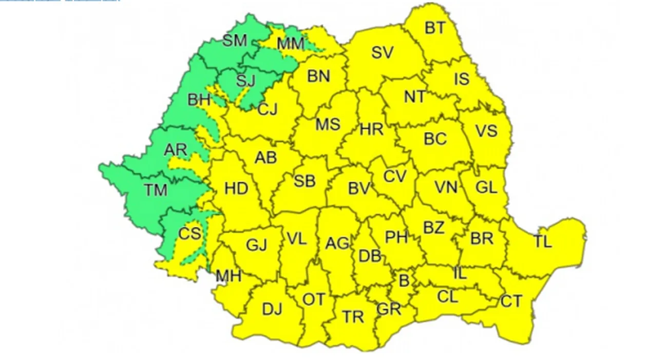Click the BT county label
(435, 28)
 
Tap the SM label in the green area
(235, 41)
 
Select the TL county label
(542, 241)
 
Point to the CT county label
(511, 301)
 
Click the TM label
(156, 190)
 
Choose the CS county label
(189, 234)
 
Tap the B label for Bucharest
(404, 280)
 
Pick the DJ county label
(272, 309)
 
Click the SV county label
(382, 52)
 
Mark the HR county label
(371, 129)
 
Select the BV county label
(359, 189)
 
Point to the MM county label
(290, 44)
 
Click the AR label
(176, 150)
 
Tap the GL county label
(486, 187)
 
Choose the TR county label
(353, 317)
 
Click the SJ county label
(245, 80)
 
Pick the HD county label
(236, 188)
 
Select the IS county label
(461, 79)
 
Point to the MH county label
(228, 277)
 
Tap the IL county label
(460, 274)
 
